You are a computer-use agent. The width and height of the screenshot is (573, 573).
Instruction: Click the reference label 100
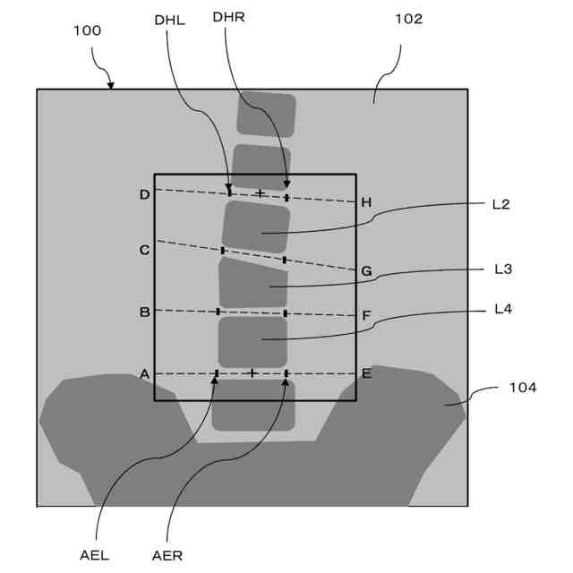click(x=87, y=30)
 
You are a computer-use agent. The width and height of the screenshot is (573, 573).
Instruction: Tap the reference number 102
click(x=407, y=19)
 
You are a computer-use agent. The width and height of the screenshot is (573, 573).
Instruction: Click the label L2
click(x=501, y=204)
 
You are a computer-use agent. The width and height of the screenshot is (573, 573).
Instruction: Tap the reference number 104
click(x=522, y=388)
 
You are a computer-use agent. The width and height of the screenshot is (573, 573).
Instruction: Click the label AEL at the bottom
click(x=94, y=555)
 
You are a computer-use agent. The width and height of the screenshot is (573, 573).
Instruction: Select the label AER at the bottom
click(x=167, y=555)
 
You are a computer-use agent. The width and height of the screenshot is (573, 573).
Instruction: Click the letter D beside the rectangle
click(x=144, y=195)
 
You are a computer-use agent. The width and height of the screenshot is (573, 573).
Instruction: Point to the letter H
click(x=366, y=203)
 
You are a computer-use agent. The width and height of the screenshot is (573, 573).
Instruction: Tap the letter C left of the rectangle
click(x=144, y=251)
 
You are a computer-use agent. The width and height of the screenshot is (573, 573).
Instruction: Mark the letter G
click(x=366, y=270)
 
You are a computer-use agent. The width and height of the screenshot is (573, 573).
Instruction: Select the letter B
click(x=144, y=312)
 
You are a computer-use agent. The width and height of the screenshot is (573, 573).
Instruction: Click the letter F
click(x=366, y=316)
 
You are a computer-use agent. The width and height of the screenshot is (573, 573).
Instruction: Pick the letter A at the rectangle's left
click(x=144, y=374)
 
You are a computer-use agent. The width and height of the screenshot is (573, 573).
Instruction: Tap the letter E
click(x=366, y=374)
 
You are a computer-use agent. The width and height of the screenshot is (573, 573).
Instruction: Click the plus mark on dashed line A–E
click(x=252, y=372)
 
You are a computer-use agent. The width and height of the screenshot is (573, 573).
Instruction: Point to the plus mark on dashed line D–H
click(x=260, y=193)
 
